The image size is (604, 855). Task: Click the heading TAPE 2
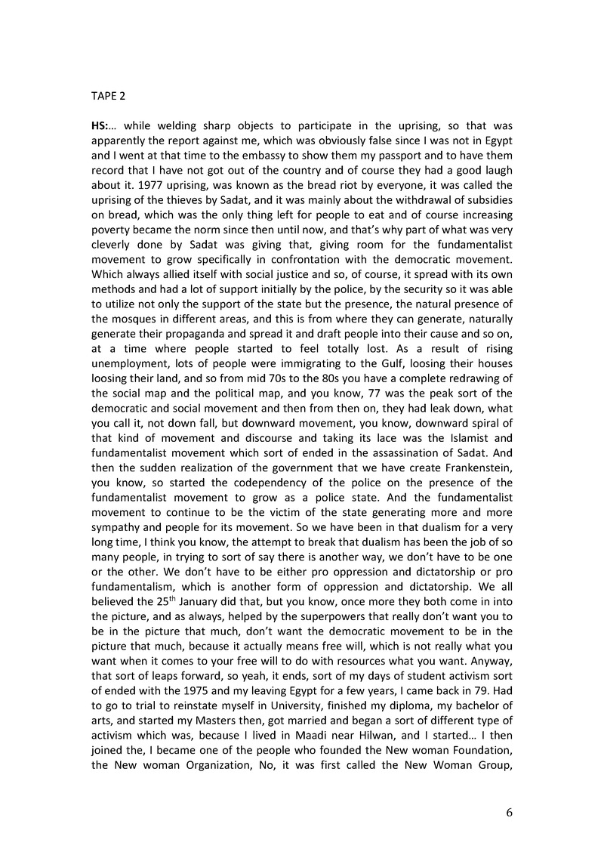coord(109,97)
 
